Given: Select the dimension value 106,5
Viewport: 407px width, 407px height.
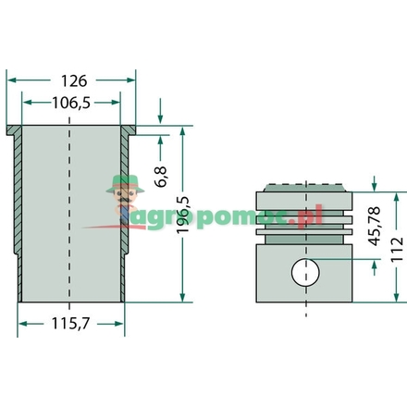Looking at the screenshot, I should (71, 103).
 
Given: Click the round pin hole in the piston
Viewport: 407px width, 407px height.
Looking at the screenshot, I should (305, 273).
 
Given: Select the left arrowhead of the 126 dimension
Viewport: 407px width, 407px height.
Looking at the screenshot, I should (11, 80).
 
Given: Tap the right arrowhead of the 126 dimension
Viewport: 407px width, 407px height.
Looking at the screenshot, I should (131, 80).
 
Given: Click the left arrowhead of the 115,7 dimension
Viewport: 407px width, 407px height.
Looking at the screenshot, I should (23, 323).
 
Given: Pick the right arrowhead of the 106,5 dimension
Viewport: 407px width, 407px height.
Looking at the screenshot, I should (117, 103).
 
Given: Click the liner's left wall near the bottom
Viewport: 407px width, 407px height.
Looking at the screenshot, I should (21, 277).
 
